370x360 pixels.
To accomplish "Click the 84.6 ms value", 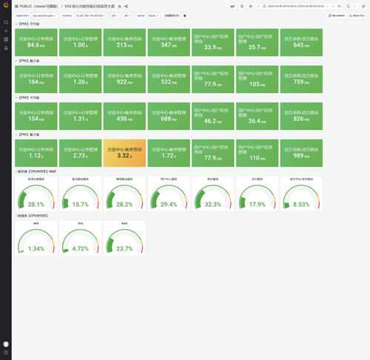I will pos(37,45).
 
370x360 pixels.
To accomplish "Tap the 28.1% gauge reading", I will pos(36,204).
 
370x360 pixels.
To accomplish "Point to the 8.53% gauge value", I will pos(300,204).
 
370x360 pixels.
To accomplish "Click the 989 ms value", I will pos(300,156).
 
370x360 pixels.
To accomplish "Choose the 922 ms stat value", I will pos(125,82).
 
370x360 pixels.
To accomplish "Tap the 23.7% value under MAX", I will pos(124,249).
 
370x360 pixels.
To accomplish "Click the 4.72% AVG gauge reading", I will pos(80,249).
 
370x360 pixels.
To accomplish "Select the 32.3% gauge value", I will pos(212,204).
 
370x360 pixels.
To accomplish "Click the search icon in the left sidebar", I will pos(6,22).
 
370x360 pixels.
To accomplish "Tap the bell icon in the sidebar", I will pos(6,48).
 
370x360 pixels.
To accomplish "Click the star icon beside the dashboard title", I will pos(119,6).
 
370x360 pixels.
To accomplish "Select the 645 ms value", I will pos(300,45).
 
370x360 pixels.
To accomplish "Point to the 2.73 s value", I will pos(80,156).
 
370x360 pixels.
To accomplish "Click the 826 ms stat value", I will pos(300,119).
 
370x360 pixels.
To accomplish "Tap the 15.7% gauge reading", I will pos(80,204).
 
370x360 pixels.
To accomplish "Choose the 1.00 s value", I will pos(80,45).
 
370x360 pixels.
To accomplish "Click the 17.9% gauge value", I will pos(256,204).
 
